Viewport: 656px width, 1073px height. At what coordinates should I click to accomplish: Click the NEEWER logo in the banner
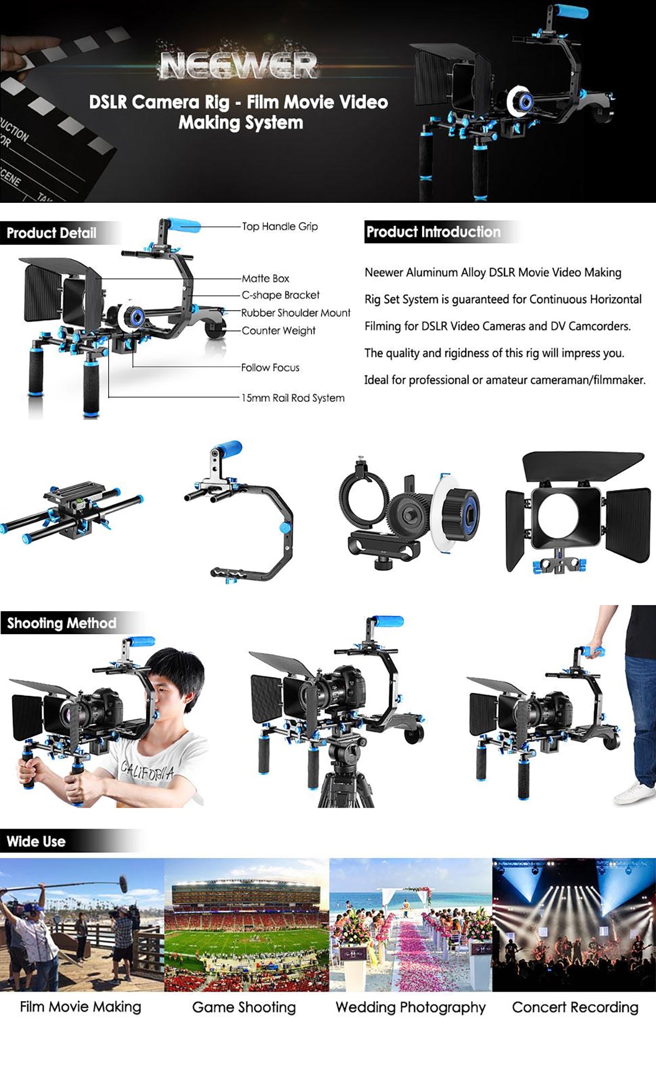[x=239, y=65]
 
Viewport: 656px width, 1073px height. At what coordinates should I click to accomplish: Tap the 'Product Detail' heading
[x=51, y=233]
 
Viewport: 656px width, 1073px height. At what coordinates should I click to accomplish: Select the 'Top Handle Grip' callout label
[x=280, y=226]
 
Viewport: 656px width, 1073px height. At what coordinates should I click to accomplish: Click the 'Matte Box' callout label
[x=266, y=278]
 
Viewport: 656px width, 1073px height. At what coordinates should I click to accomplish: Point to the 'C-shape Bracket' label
[x=281, y=295]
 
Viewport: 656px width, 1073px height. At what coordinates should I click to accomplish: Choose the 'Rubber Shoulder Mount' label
[x=296, y=313]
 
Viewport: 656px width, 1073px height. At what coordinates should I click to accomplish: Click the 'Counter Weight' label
[x=279, y=331]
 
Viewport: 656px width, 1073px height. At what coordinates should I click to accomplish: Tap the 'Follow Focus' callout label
[x=271, y=367]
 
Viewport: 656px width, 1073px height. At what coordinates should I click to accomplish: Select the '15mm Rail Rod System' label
[x=293, y=398]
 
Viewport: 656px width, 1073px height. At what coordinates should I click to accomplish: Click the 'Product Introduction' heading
[x=433, y=232]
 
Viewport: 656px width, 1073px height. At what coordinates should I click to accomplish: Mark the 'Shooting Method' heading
[x=61, y=623]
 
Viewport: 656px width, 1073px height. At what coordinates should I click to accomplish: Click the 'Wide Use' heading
[x=36, y=841]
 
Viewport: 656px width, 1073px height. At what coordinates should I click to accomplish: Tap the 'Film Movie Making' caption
[x=80, y=1007]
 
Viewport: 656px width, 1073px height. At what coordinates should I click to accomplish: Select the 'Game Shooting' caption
[x=244, y=1007]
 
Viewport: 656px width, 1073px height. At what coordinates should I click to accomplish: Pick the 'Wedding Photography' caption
[x=411, y=1007]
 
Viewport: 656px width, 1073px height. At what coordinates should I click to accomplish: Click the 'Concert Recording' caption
[x=575, y=1007]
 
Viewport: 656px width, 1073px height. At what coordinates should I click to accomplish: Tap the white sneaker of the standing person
[x=635, y=793]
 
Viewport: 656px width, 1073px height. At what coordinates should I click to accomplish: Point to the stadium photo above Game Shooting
[x=247, y=924]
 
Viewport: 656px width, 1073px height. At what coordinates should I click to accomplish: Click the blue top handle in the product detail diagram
[x=184, y=224]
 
